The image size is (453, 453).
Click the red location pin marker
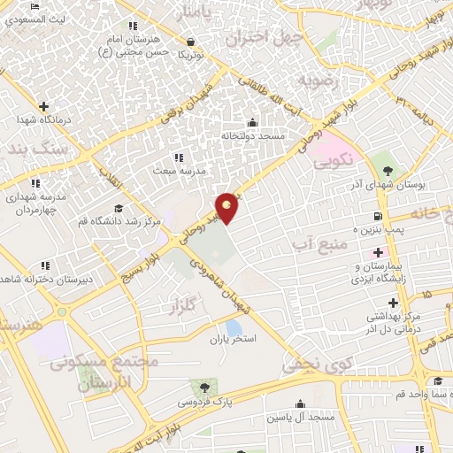click(x=227, y=208)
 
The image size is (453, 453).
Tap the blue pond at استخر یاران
click(x=234, y=327)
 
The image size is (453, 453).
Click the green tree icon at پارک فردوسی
click(x=204, y=388)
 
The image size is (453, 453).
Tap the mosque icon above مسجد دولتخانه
click(x=254, y=123)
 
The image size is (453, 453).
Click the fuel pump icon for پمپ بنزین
click(x=379, y=216)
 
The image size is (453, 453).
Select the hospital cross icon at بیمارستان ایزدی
click(x=378, y=252)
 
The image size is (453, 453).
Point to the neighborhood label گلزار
click(x=180, y=306)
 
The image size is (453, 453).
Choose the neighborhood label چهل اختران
click(x=265, y=39)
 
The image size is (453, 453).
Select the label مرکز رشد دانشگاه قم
click(x=119, y=220)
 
